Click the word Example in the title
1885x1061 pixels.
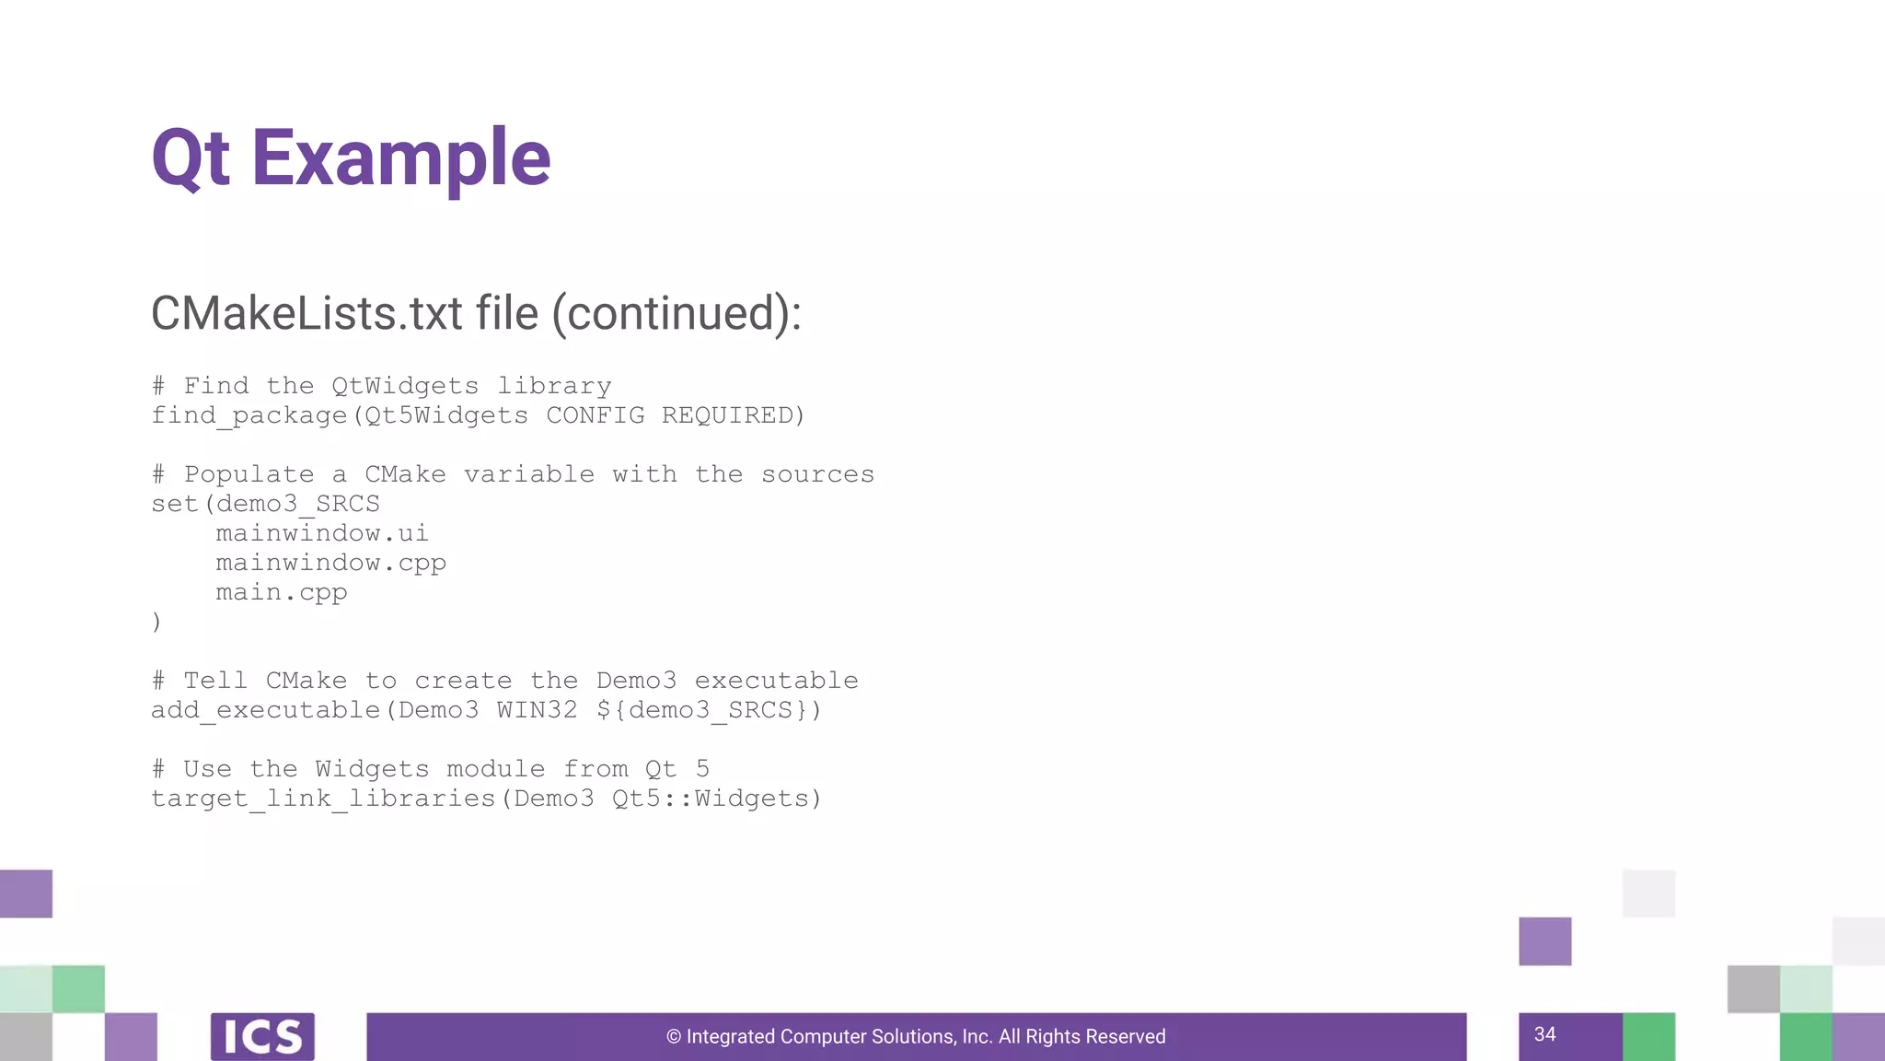(x=400, y=158)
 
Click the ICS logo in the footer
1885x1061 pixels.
(x=262, y=1037)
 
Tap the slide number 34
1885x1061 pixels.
(x=1544, y=1034)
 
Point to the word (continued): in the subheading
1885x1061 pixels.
(x=677, y=313)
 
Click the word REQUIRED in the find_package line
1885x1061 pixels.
(x=732, y=415)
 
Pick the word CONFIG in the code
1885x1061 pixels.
(x=595, y=415)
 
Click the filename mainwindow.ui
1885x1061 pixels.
(x=322, y=533)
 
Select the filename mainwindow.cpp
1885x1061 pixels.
(x=330, y=563)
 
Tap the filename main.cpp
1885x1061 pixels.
(x=282, y=592)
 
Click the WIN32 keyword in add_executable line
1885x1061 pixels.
(x=537, y=710)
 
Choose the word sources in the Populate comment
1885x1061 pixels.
(x=817, y=474)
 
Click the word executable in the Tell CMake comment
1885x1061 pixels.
(x=776, y=681)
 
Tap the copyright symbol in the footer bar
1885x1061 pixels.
(x=674, y=1037)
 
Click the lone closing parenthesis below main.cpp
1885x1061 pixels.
(x=156, y=622)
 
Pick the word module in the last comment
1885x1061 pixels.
(x=495, y=769)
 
